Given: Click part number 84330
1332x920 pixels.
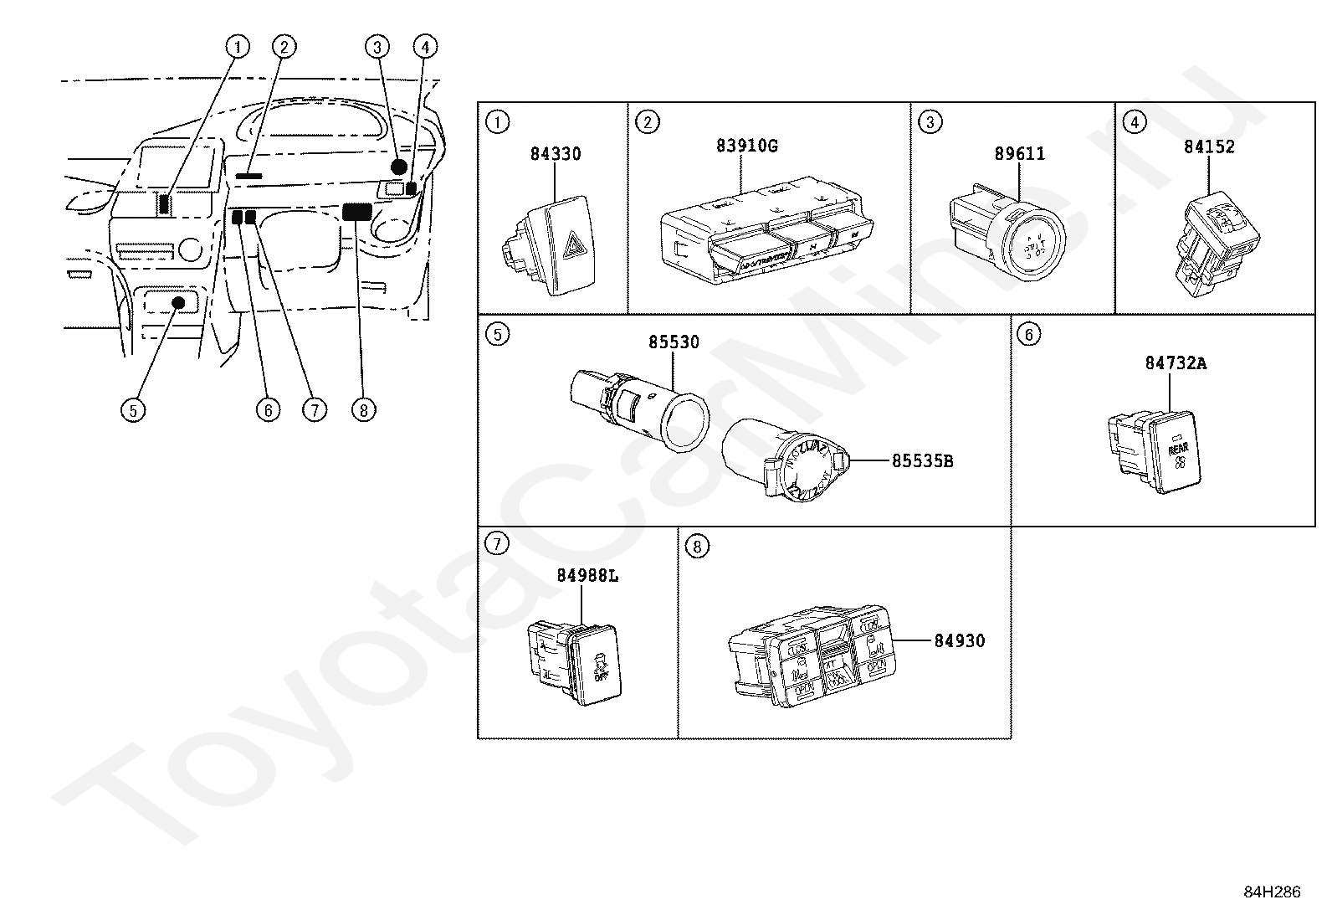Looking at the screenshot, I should [x=555, y=154].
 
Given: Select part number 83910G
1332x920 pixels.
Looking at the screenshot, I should [x=746, y=146].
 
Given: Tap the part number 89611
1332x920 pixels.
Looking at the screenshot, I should [x=1019, y=154].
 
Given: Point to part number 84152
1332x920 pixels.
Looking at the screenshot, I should [x=1208, y=146].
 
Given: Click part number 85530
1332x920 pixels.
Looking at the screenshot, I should [x=674, y=342].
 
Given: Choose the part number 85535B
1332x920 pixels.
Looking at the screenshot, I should [x=922, y=460].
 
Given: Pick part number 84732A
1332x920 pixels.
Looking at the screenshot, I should [x=1176, y=363].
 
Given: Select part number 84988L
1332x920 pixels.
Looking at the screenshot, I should [x=587, y=576].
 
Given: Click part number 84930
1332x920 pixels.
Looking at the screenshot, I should [x=959, y=640].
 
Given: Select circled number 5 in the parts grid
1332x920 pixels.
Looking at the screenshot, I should [x=497, y=335].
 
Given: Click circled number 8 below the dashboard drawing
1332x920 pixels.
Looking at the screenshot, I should [x=363, y=410].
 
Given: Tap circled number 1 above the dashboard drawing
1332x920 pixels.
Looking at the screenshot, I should [x=238, y=47].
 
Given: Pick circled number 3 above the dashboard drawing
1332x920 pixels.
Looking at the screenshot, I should [x=377, y=47].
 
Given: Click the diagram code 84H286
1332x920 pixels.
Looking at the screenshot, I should [x=1272, y=892].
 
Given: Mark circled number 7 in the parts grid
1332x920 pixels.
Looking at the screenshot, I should [x=497, y=545].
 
